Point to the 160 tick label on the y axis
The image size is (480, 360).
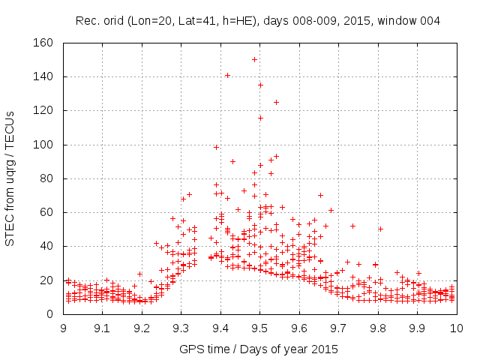(46, 43)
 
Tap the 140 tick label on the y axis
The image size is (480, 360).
(46, 76)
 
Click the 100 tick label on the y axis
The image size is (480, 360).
(46, 145)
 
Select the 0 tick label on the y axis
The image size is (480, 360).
(52, 314)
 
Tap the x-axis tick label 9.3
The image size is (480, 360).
(181, 328)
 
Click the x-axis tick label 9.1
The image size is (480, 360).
(103, 328)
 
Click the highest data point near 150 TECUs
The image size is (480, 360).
(255, 59)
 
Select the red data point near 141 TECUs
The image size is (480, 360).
(227, 75)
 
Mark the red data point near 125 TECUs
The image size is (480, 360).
(276, 102)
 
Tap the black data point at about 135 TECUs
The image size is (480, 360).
(260, 85)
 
